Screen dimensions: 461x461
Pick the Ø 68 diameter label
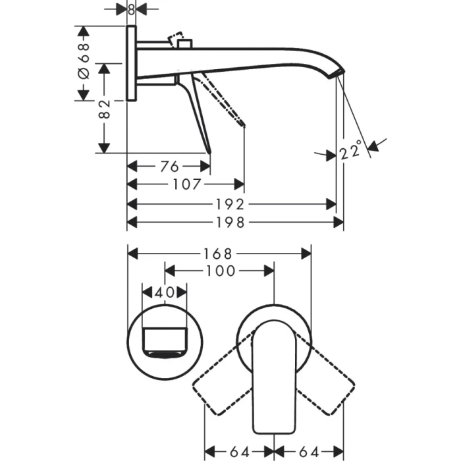click(84, 63)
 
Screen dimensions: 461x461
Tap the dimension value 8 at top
click(131, 9)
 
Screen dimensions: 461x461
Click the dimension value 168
click(217, 253)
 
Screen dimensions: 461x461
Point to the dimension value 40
click(164, 290)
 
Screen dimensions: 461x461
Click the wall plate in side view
click(131, 63)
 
